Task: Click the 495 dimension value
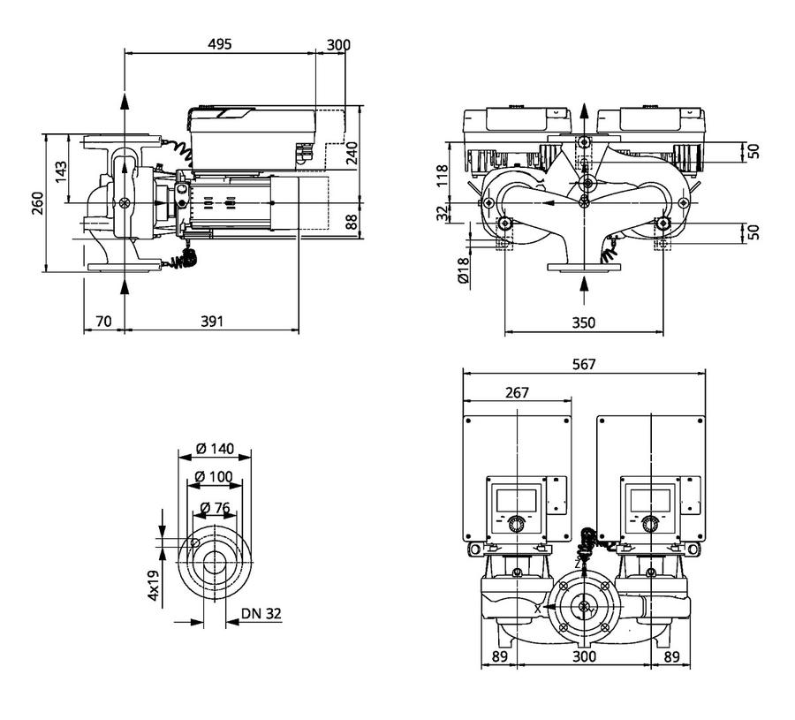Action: tap(220, 44)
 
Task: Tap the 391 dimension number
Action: tap(212, 321)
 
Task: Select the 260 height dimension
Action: tap(38, 203)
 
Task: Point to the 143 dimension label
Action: tap(61, 172)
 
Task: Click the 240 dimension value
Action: tap(352, 153)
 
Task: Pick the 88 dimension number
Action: tap(352, 221)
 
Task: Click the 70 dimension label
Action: tap(103, 321)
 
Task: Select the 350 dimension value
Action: tap(584, 322)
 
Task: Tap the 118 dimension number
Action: tap(443, 176)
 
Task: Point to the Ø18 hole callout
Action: tap(464, 270)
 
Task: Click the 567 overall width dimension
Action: tap(584, 364)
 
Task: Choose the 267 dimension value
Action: tap(517, 392)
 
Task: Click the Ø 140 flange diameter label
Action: tap(215, 449)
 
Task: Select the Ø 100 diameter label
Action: tap(214, 477)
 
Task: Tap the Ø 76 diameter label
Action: tap(215, 508)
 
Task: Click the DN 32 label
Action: tap(261, 613)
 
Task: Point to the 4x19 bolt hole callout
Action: tap(153, 585)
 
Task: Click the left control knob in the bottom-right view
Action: tap(517, 524)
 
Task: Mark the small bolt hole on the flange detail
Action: tap(194, 543)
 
